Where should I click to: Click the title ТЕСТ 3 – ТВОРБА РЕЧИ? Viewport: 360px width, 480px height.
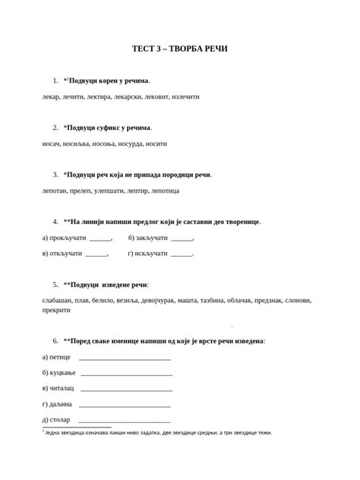[179, 49]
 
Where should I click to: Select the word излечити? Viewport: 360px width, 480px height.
[185, 97]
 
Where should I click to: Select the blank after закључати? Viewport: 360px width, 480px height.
[182, 238]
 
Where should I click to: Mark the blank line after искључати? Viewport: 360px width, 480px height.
[182, 254]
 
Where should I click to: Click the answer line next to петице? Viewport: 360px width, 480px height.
[125, 358]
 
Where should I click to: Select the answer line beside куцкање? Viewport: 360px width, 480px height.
[126, 374]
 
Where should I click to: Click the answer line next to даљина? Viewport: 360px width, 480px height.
[125, 406]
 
